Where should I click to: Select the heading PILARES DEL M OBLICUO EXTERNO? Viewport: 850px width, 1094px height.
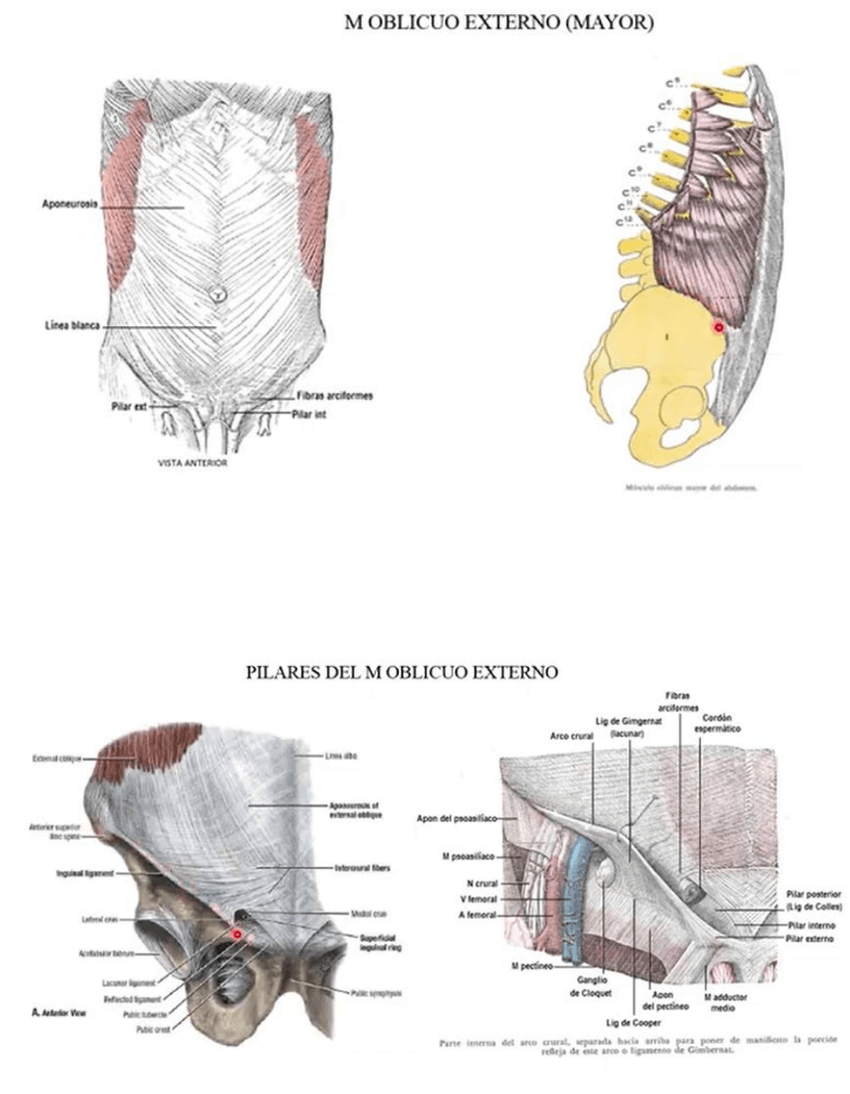tap(402, 673)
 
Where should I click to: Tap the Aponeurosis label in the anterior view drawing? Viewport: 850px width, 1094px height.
tap(70, 204)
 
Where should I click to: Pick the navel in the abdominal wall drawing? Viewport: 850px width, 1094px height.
tap(219, 293)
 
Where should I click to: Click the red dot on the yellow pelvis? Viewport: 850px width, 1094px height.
tap(718, 327)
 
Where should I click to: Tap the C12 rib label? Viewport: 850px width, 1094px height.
tap(623, 220)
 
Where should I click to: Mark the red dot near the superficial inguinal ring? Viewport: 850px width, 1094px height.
tap(238, 934)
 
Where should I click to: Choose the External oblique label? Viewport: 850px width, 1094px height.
tap(57, 758)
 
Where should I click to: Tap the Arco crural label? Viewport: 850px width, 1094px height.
tap(569, 736)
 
